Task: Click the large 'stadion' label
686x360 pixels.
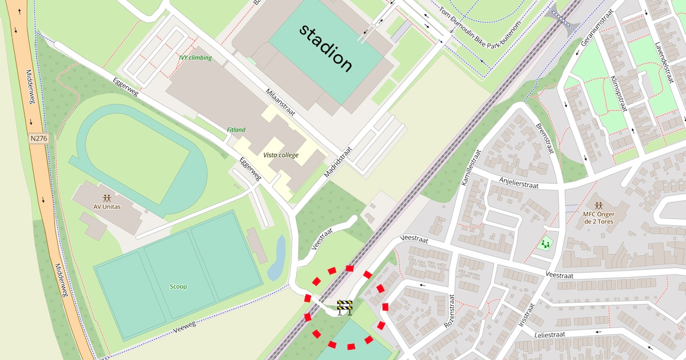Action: [x=326, y=48]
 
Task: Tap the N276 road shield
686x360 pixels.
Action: [x=39, y=138]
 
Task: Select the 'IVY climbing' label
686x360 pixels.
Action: [x=195, y=58]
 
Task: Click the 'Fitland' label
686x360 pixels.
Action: [x=236, y=130]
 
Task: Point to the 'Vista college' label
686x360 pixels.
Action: [x=281, y=155]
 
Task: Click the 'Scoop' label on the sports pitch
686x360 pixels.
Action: [x=178, y=286]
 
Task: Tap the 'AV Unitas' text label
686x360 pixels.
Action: [x=107, y=206]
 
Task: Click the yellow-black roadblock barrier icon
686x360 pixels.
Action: [x=345, y=307]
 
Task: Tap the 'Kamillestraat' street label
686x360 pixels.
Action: [x=471, y=167]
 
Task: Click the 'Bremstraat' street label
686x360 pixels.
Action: [x=545, y=138]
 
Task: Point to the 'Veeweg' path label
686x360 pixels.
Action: [x=184, y=327]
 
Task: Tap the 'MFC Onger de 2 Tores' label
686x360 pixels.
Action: [x=597, y=218]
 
